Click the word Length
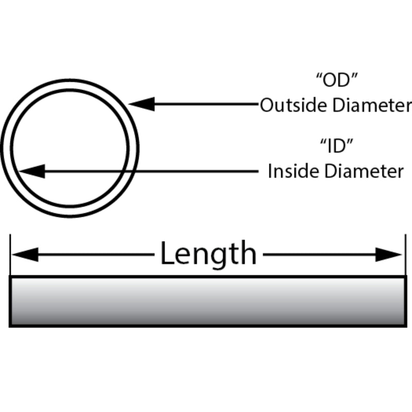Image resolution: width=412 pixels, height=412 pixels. point(209,254)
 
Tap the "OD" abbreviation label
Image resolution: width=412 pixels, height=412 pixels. point(337,80)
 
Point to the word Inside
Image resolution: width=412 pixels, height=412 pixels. point(294,171)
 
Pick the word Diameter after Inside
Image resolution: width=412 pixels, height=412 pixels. point(364,171)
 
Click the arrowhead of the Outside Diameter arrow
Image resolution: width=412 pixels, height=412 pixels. point(142,104)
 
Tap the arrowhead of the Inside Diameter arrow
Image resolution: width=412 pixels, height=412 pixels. point(32,171)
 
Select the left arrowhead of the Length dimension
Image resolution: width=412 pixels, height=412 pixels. point(25,254)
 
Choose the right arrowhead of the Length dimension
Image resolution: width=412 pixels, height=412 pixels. point(389,254)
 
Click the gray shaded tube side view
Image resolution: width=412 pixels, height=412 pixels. point(208,301)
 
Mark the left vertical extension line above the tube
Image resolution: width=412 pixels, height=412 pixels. point(10,254)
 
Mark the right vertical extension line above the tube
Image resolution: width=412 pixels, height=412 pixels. point(405,254)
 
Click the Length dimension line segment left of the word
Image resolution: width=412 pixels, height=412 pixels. point(96,254)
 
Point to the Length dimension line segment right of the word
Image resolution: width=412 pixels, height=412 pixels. point(319,254)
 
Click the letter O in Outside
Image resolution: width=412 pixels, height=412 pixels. point(266,105)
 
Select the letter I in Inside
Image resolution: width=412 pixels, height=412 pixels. point(270,171)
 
